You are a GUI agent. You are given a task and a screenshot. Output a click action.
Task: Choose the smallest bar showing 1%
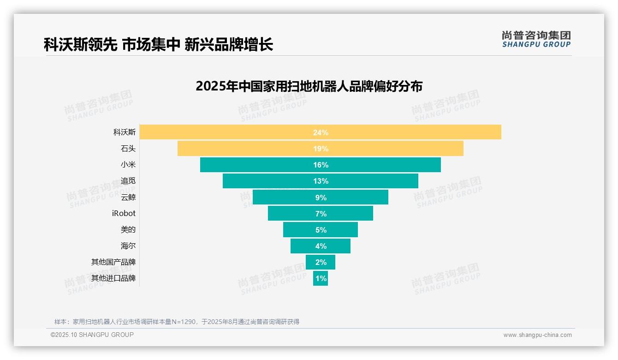coord(321,278)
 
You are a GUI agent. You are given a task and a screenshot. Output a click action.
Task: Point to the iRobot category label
coord(124,213)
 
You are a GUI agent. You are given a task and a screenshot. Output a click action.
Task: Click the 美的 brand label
coord(128,229)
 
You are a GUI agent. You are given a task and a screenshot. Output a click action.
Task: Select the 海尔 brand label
coord(128,246)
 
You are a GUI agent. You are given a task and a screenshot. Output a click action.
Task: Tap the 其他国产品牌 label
coord(113,262)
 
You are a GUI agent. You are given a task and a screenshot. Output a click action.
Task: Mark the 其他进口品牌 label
coord(113,278)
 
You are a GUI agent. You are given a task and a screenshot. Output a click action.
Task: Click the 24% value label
coord(321,132)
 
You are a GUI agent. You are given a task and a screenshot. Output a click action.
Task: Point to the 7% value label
coord(321,214)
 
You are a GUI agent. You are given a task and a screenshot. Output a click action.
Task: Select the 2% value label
coord(321,262)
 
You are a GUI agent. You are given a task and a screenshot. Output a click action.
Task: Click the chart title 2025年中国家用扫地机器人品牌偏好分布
coord(309,86)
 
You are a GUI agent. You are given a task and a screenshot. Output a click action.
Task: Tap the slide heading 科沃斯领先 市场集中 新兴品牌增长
coord(158,45)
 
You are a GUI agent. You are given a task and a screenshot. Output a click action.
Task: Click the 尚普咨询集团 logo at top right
coord(536,39)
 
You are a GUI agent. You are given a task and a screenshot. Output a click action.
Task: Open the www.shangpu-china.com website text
coord(537,335)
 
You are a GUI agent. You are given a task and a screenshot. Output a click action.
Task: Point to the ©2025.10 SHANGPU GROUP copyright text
coord(92,335)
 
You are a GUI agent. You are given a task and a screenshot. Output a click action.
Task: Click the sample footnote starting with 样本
coord(177,322)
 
